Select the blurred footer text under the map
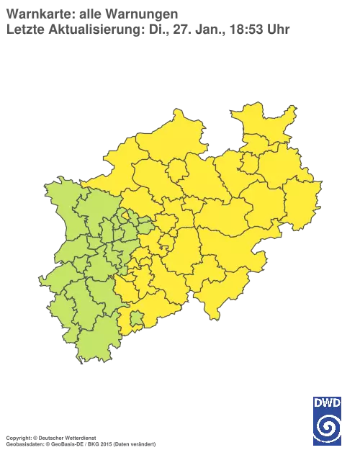79,437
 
